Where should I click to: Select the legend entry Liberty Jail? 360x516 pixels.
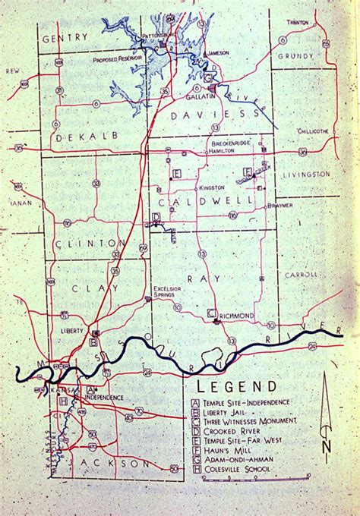229,414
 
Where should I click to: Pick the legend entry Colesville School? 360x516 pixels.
236,469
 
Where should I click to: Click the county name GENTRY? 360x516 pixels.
62,38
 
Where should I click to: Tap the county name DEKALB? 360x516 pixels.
73,139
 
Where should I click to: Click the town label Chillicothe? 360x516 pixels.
310,131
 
